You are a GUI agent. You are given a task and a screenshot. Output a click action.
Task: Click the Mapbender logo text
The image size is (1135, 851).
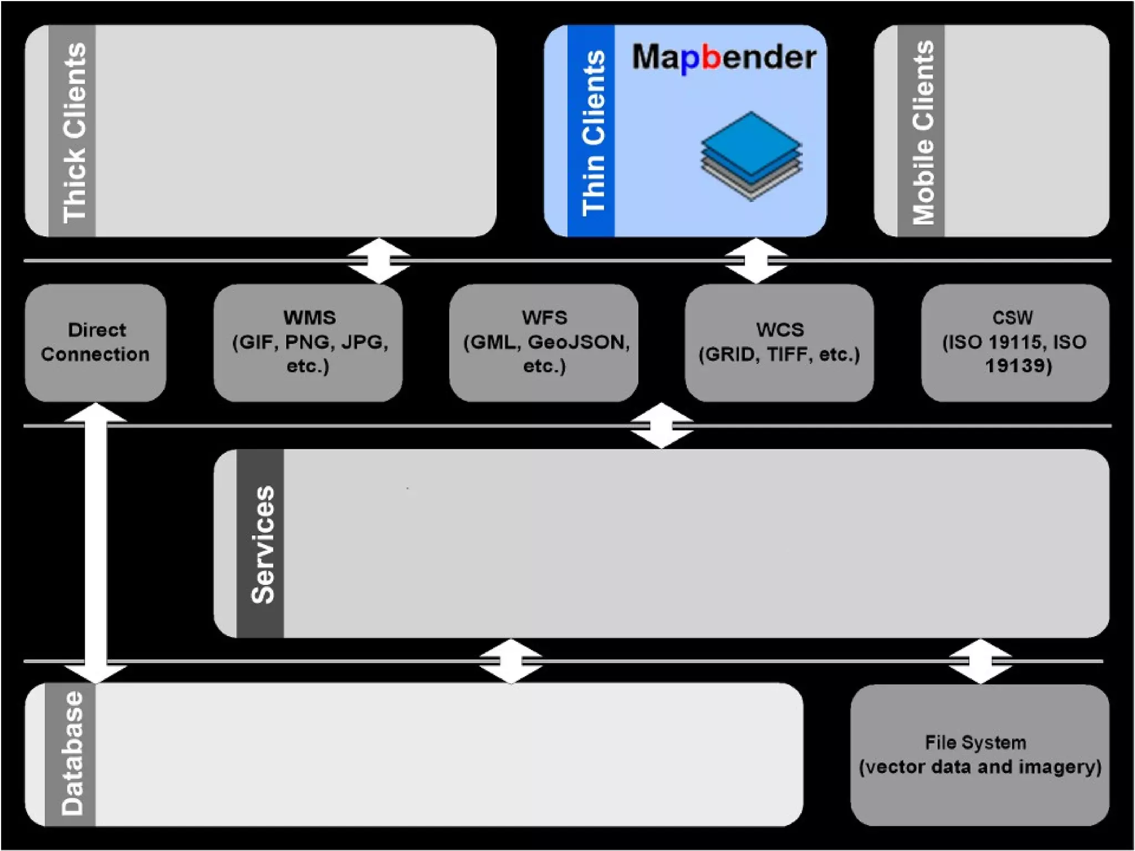pyautogui.click(x=724, y=58)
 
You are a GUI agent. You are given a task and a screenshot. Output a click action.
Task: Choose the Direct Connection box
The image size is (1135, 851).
pyautogui.click(x=95, y=342)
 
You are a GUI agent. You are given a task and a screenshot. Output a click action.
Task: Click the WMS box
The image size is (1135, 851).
pyautogui.click(x=308, y=342)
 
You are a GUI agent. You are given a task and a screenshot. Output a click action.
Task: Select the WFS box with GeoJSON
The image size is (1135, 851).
pyautogui.click(x=544, y=342)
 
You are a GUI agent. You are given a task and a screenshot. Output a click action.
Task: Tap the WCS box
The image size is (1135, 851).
pyautogui.click(x=779, y=342)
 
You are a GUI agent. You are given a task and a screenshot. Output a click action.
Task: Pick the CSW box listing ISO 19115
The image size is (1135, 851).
pyautogui.click(x=1015, y=342)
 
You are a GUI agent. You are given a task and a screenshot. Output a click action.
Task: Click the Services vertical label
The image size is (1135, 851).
pyautogui.click(x=262, y=544)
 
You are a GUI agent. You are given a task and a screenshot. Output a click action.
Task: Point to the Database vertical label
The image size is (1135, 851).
pyautogui.click(x=72, y=753)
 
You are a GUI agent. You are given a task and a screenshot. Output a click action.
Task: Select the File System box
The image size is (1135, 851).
pyautogui.click(x=980, y=755)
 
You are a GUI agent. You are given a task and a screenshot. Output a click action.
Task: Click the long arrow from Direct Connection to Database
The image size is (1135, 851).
pyautogui.click(x=96, y=543)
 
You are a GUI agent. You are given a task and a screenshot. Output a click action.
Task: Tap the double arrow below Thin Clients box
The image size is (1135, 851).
pyautogui.click(x=756, y=260)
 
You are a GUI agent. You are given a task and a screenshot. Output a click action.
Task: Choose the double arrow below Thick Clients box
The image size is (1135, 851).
pyautogui.click(x=379, y=260)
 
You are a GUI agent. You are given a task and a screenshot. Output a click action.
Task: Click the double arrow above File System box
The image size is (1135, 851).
pyautogui.click(x=980, y=661)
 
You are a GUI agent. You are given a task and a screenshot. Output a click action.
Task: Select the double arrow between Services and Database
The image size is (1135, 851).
pyautogui.click(x=510, y=661)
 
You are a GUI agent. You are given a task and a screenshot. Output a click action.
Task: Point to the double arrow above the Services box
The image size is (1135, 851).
pyautogui.click(x=662, y=425)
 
